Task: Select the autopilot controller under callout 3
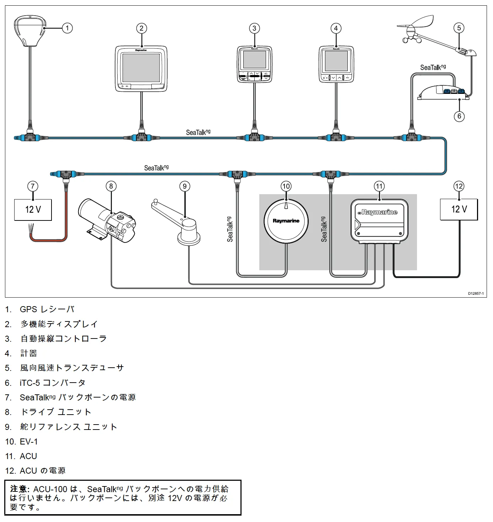[x=254, y=64]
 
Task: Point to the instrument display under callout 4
[x=336, y=64]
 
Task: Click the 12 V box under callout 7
[x=33, y=210]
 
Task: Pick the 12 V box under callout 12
[x=459, y=209]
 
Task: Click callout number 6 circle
[x=459, y=116]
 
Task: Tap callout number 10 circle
[x=286, y=186]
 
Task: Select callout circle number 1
[x=67, y=28]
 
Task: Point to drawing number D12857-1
[x=475, y=294]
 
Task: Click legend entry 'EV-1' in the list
[x=29, y=442]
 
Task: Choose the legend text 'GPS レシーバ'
[x=47, y=309]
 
